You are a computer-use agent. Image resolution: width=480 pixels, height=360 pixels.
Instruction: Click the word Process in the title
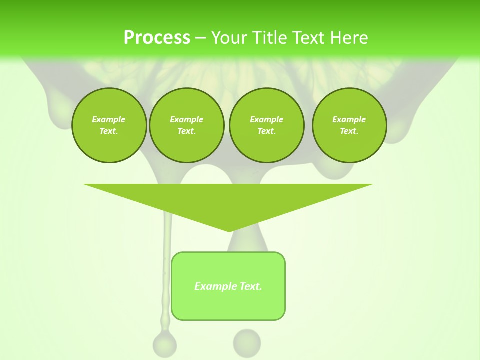click(x=157, y=38)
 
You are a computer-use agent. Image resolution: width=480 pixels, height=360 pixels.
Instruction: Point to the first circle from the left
click(x=109, y=125)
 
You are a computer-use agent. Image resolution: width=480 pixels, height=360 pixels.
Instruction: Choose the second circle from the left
click(x=186, y=125)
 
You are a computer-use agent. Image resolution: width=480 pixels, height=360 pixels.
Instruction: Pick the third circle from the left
click(x=266, y=125)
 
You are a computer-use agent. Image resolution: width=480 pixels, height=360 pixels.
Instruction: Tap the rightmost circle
click(x=349, y=125)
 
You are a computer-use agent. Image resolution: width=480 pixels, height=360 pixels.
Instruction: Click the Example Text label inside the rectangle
click(x=228, y=286)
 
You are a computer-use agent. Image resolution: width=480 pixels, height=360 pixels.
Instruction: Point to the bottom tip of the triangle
click(x=229, y=231)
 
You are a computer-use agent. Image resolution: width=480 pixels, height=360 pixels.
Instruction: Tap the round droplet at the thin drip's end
click(x=164, y=344)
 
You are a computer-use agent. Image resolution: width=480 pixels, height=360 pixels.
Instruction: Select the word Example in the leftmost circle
click(x=109, y=119)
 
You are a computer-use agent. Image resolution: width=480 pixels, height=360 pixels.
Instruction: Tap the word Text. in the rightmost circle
click(x=349, y=131)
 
